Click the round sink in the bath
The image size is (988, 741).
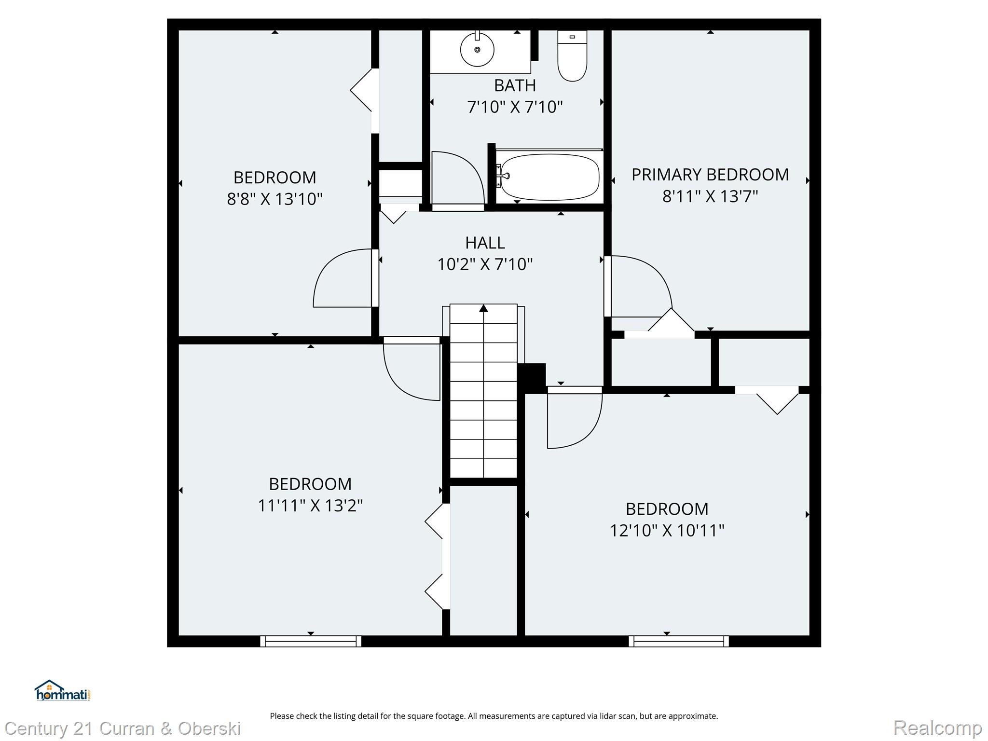[477, 50]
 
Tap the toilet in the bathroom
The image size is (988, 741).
[572, 57]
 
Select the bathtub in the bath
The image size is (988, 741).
[550, 177]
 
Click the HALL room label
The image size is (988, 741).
[485, 243]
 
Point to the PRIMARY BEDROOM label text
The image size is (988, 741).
[710, 175]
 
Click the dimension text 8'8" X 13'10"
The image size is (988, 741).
[274, 199]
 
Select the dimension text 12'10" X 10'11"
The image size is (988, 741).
[667, 531]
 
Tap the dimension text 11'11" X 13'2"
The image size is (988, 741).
[310, 506]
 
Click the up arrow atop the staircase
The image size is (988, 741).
[483, 309]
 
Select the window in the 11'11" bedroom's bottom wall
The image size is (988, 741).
[311, 641]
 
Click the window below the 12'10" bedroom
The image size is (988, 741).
[679, 641]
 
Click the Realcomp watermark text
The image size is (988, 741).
[937, 728]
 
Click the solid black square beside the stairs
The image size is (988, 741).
[532, 378]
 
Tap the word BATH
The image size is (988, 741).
[515, 85]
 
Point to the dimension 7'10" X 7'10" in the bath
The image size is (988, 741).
[515, 107]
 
